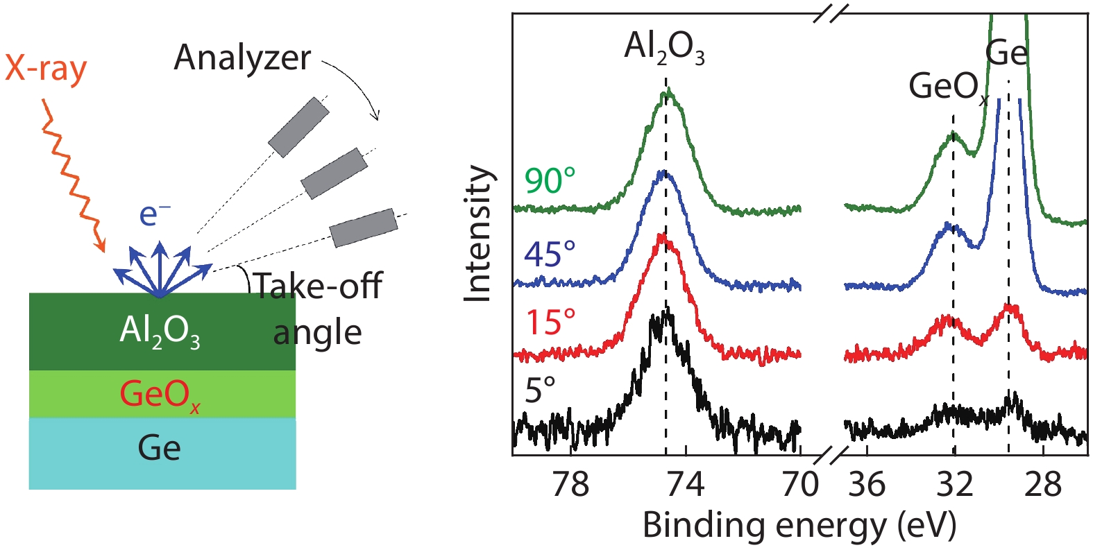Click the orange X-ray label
pos(46,69)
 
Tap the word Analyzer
pos(242,58)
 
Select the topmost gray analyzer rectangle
pos(298,127)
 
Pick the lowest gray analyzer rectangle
pos(364,227)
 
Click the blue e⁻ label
pos(155,214)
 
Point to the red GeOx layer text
pos(160,395)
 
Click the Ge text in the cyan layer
pos(160,448)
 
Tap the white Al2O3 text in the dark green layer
pos(160,331)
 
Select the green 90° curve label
pos(550,182)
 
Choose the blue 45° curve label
pos(550,255)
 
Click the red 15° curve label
pos(550,323)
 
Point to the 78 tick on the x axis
pos(570,484)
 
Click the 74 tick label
pos(686,484)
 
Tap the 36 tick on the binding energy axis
pos(867,484)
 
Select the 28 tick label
pos(1043,484)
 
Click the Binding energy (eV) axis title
pos(799,526)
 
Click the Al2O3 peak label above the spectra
pos(664,49)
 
